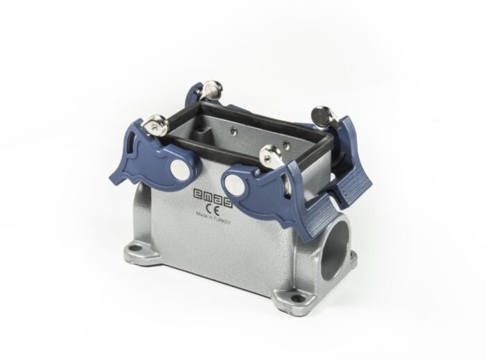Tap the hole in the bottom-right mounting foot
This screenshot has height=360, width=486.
(299, 299)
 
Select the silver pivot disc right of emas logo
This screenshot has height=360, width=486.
(233, 185)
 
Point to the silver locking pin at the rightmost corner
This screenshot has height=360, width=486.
(321, 114)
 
